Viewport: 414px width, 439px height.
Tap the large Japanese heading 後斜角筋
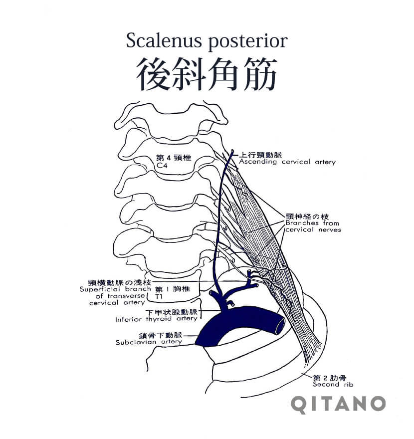click(x=207, y=74)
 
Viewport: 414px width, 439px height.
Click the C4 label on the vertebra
click(x=162, y=165)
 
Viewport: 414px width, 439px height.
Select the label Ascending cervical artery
click(x=287, y=162)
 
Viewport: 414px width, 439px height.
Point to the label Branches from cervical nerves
click(x=313, y=226)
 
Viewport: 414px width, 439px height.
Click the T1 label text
click(x=159, y=296)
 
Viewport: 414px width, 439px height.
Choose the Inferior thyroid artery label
click(x=157, y=319)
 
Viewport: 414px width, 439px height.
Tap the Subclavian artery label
click(x=149, y=342)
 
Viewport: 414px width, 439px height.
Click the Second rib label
click(x=333, y=385)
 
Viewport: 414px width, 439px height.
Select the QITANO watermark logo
click(x=338, y=405)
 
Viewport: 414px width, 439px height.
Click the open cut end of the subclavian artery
click(x=280, y=325)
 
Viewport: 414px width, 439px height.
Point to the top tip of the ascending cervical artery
click(x=232, y=151)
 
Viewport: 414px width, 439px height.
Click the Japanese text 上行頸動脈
click(x=260, y=155)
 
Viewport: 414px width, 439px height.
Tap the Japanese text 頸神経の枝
click(x=307, y=217)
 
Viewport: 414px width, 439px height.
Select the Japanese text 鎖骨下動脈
click(x=161, y=335)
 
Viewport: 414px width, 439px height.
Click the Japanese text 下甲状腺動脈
click(x=172, y=312)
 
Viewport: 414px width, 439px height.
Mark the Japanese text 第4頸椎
click(x=174, y=158)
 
